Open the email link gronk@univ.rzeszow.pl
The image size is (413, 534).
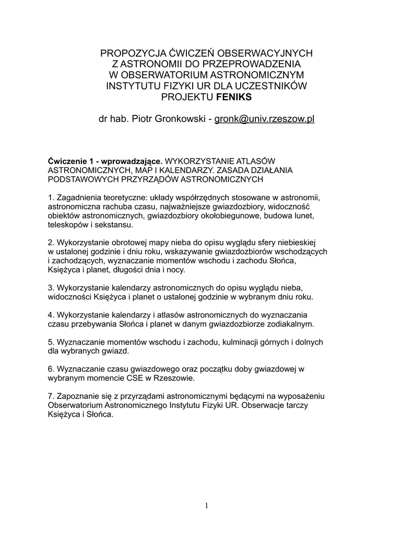(265, 119)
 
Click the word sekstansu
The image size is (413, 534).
(116, 225)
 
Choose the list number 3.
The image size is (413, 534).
(50, 288)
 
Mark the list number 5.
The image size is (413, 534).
(50, 342)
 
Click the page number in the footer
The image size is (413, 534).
(206, 505)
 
